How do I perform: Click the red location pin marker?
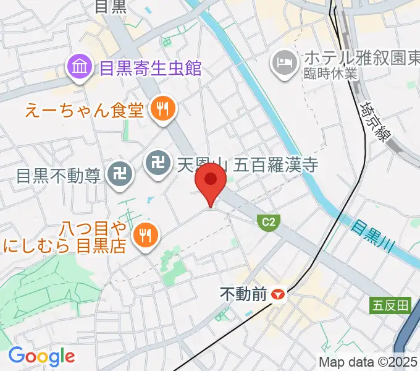211,181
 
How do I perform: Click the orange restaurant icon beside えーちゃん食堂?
164,110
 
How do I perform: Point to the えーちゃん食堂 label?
85,110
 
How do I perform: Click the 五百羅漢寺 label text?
247,164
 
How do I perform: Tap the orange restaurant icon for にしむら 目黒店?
146,236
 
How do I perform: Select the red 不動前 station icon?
279,295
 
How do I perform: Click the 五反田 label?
391,305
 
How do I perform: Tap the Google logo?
41,356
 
